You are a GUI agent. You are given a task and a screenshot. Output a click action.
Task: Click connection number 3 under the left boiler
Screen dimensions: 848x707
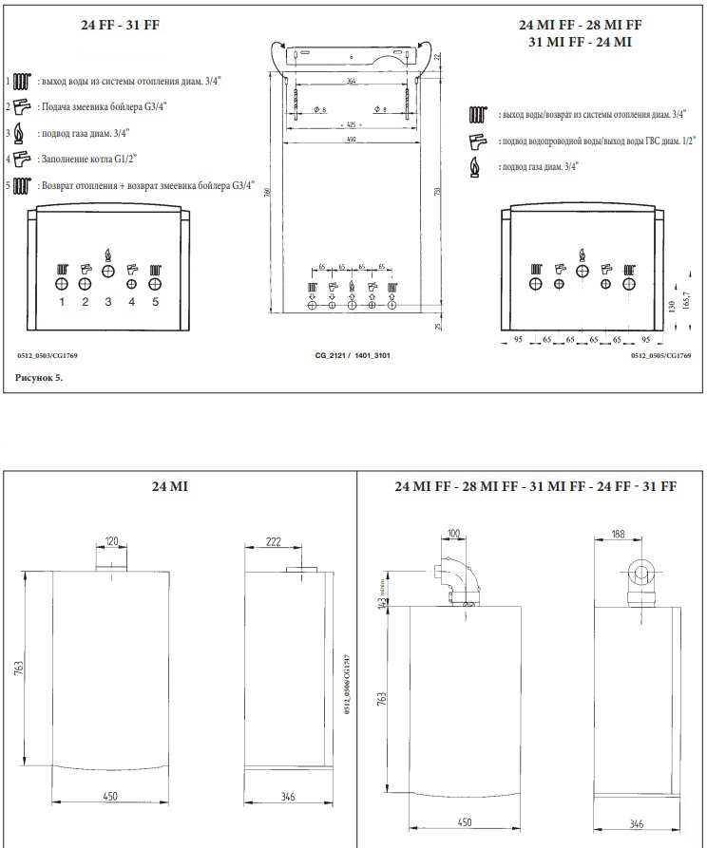108,302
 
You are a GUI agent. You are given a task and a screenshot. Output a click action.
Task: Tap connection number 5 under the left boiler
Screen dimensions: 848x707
156,302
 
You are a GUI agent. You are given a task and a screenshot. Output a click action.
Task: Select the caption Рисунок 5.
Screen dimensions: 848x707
39,378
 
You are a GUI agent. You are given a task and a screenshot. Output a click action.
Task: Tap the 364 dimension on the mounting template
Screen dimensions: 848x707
353,82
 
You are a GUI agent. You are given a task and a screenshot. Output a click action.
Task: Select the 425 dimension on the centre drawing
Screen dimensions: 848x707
353,124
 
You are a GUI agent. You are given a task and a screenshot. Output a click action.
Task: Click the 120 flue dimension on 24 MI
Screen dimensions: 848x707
111,541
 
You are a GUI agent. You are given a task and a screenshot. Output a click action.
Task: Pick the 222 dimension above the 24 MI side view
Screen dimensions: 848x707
274,541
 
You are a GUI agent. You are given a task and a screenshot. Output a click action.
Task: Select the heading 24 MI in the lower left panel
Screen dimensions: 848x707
169,486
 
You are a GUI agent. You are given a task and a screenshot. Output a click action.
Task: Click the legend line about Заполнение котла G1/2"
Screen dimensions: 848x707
86,160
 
